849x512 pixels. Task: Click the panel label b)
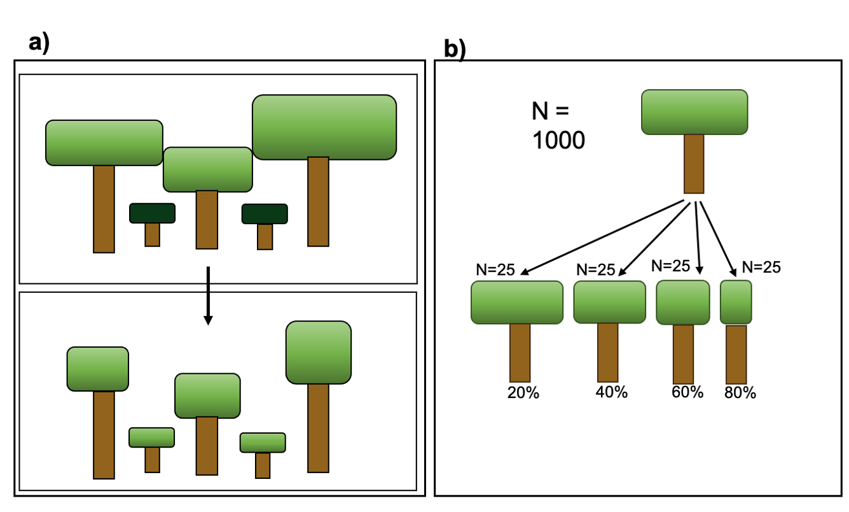coord(454,50)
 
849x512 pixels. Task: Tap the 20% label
coord(523,393)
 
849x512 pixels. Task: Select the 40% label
coord(611,392)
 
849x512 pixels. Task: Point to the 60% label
coord(687,392)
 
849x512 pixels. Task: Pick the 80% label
coord(740,393)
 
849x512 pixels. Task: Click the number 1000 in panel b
coord(558,140)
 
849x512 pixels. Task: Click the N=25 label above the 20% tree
coord(495,269)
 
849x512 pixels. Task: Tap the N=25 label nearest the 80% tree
coord(761,267)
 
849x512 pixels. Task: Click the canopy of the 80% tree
coord(736,302)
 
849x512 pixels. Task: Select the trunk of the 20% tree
coord(520,352)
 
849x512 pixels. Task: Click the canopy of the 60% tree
coord(682,302)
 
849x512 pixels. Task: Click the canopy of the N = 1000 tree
coord(694,112)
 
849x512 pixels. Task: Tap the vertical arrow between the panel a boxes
coord(207,296)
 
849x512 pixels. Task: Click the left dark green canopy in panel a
coord(152,213)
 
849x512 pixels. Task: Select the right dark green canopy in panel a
coord(265,214)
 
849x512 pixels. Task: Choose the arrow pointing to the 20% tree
coord(604,238)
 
